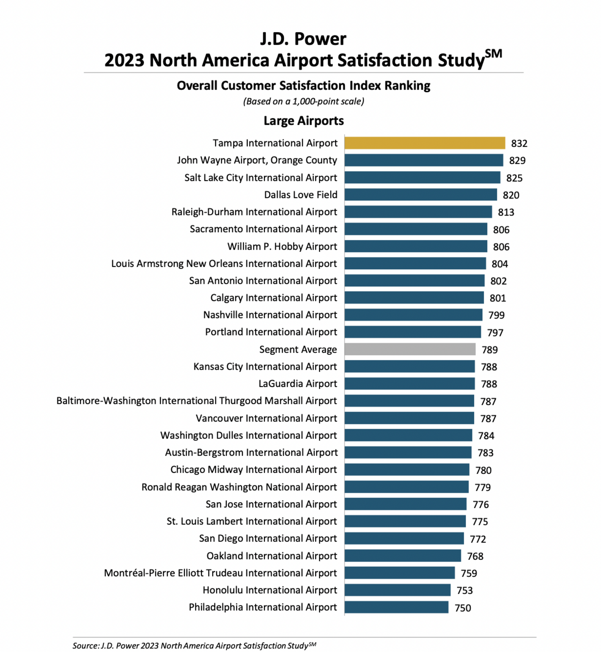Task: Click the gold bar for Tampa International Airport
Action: pyautogui.click(x=424, y=143)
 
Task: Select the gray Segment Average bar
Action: pyautogui.click(x=410, y=349)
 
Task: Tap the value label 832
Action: pyautogui.click(x=519, y=143)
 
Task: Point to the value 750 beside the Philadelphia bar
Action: pyautogui.click(x=462, y=608)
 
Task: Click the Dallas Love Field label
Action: pyautogui.click(x=300, y=195)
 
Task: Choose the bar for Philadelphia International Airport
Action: pyautogui.click(x=396, y=607)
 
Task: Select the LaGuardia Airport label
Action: pyautogui.click(x=297, y=384)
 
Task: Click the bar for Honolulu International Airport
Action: pyautogui.click(x=397, y=590)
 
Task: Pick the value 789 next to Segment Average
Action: pyautogui.click(x=489, y=350)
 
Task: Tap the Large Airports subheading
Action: pyautogui.click(x=303, y=121)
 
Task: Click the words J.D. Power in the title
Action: pyautogui.click(x=303, y=39)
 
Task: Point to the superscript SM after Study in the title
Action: pyautogui.click(x=493, y=54)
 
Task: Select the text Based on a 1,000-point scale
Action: pyautogui.click(x=303, y=101)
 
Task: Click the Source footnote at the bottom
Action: pyautogui.click(x=194, y=646)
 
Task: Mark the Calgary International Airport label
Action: pyautogui.click(x=273, y=298)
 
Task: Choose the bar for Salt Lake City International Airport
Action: pyautogui.click(x=422, y=178)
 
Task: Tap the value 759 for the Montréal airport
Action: pyautogui.click(x=468, y=573)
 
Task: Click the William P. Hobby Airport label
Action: pyautogui.click(x=282, y=246)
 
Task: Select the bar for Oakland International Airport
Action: pyautogui.click(x=403, y=556)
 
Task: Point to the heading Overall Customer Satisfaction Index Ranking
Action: pyautogui.click(x=303, y=85)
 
